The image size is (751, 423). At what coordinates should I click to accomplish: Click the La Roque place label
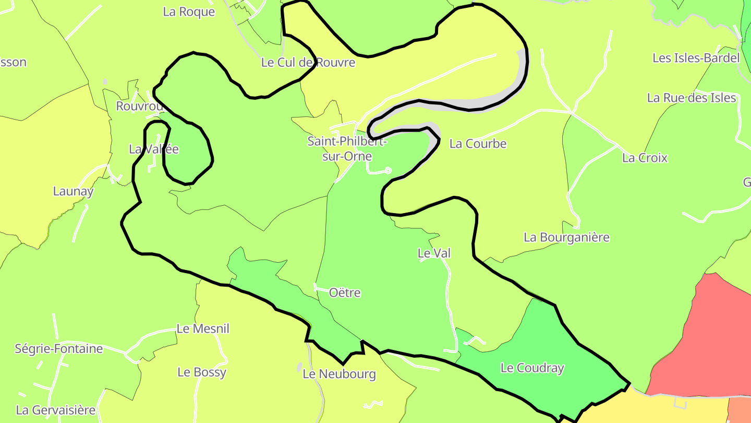[189, 12]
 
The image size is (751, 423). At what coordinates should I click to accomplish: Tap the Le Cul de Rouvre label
[308, 63]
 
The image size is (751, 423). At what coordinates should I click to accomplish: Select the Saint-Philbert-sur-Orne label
[347, 149]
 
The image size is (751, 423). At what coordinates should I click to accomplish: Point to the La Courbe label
[478, 144]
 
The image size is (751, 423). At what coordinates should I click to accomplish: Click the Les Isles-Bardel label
[696, 58]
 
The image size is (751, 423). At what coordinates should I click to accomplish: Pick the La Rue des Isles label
[691, 98]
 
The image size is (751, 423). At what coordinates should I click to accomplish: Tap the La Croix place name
[645, 158]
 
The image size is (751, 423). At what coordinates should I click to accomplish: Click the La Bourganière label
[566, 237]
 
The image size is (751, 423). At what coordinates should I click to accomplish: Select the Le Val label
[434, 253]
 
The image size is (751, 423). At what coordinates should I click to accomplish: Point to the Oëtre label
[345, 292]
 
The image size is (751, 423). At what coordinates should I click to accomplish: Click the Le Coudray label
[532, 368]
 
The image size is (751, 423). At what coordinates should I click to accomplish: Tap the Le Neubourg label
[339, 374]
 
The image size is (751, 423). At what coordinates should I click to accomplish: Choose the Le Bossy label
[202, 372]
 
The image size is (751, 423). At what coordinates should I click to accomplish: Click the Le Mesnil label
[203, 329]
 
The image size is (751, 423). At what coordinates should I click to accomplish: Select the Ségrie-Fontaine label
[59, 349]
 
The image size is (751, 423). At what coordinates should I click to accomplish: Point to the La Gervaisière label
[56, 410]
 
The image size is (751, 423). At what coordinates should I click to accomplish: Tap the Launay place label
[73, 191]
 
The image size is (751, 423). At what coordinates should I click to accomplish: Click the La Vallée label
[153, 149]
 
